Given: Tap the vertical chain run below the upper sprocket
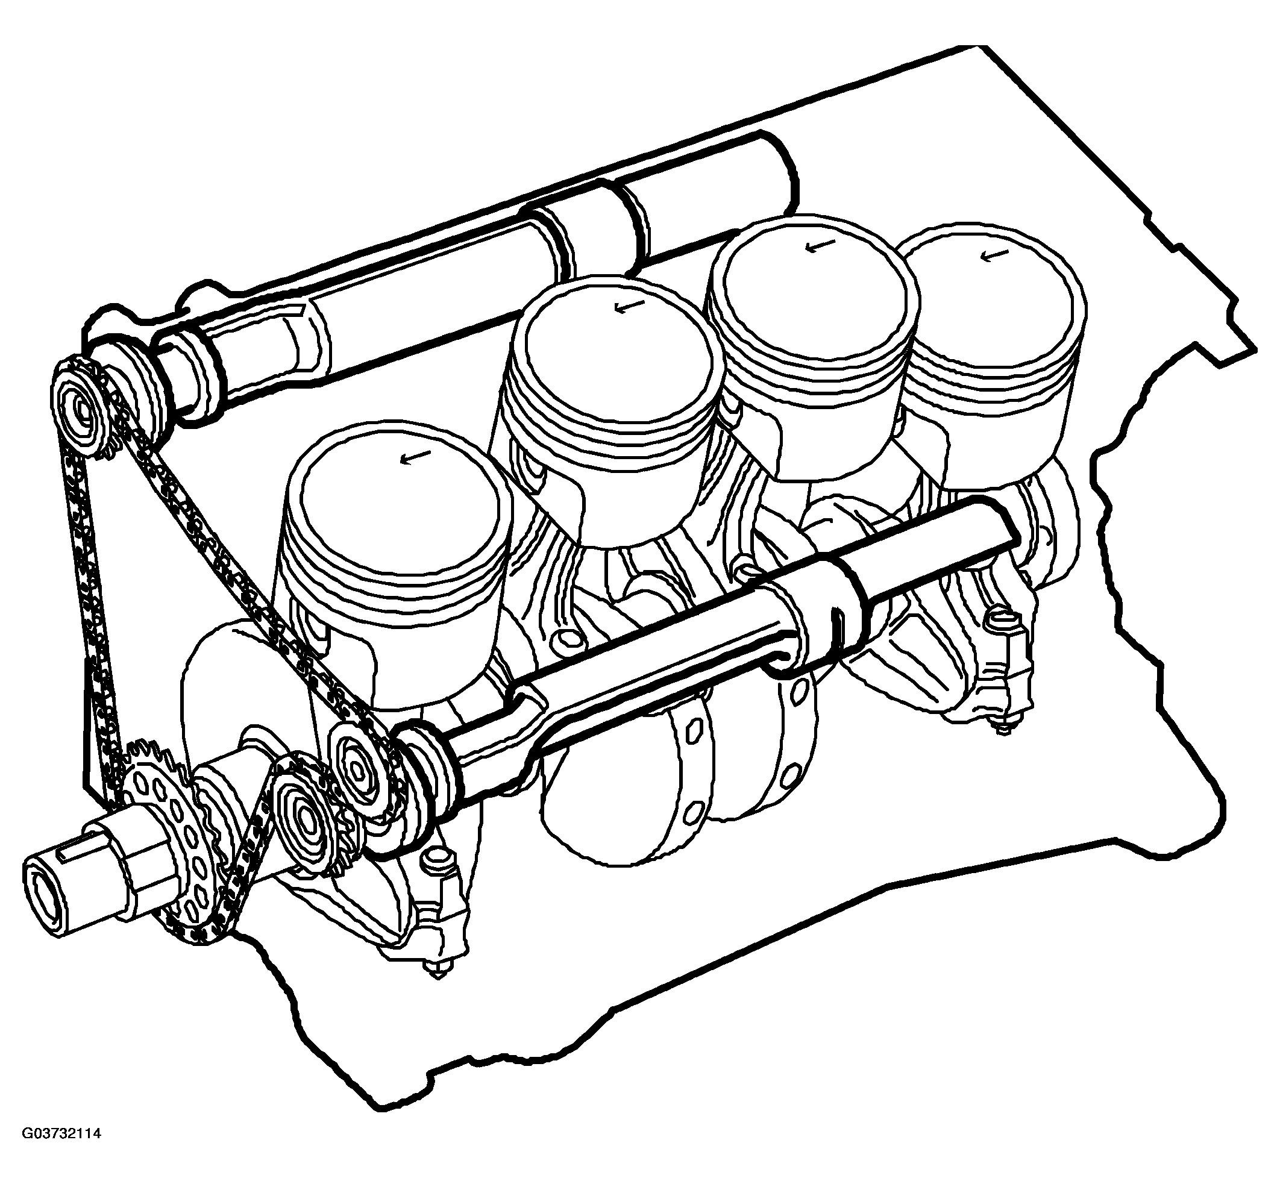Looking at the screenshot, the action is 90,603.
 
